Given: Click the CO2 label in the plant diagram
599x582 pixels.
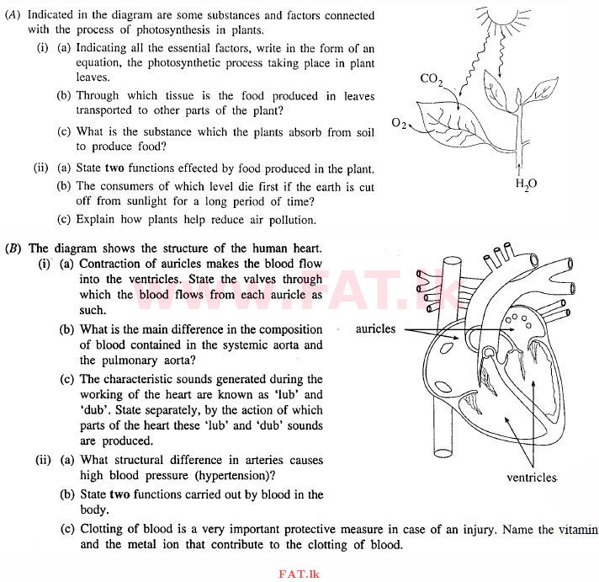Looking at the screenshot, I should coord(432,80).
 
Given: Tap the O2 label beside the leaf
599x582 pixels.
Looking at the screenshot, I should coord(400,124).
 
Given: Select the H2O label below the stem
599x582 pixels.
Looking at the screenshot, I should coord(527,184).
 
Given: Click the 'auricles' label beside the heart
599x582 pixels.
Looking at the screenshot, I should coord(375,328).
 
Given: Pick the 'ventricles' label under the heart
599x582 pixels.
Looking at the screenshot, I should coord(532,478).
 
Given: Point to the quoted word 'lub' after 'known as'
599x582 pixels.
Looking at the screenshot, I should coord(278,394).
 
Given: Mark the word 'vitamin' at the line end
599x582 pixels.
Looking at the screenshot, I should coord(574,529).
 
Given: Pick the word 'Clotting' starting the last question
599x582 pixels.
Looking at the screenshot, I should coord(103,529).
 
